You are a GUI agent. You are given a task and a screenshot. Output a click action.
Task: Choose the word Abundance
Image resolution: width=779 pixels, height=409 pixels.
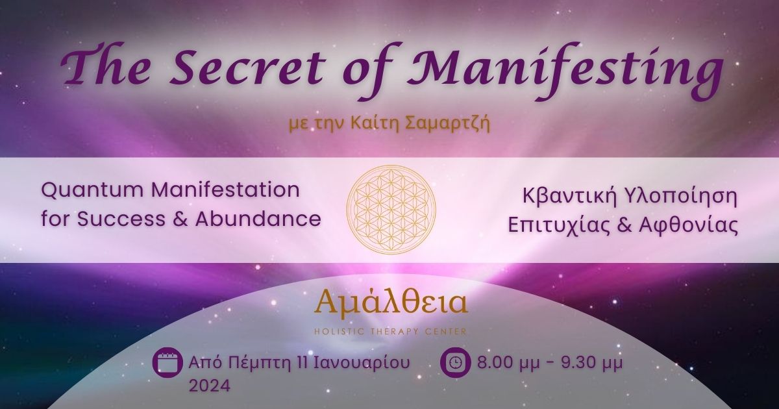point(258,219)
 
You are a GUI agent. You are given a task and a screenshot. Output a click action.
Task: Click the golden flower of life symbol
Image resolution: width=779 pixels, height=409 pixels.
point(391,210)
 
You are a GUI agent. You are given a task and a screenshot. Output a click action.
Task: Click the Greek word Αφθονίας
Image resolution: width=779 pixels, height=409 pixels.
point(689,226)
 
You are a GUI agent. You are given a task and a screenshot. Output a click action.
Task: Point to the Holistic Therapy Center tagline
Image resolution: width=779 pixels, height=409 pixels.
point(390,332)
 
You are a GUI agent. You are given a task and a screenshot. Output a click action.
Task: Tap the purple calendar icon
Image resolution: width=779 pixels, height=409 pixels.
point(167,362)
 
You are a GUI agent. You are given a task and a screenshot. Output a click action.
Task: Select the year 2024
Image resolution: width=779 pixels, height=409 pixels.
point(209,386)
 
